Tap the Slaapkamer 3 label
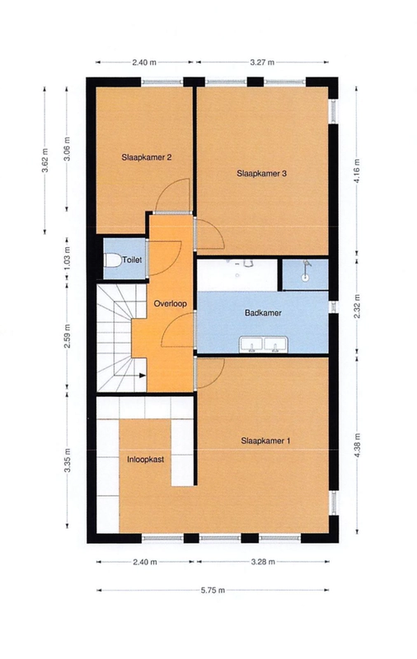coord(261,173)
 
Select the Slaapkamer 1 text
coord(265,441)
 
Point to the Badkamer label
coord(263,313)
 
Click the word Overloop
coord(171,303)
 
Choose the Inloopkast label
coord(145,460)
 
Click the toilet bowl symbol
coord(112,260)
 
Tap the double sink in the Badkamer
coord(263,344)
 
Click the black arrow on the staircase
coord(143,376)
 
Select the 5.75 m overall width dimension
coord(213,590)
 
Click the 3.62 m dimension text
coord(45,160)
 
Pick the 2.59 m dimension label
coord(67,334)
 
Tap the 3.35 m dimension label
coord(67,460)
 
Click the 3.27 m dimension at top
coord(262,63)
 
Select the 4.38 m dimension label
coord(357,446)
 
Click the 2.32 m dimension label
coord(357,306)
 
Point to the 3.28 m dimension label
coord(263,562)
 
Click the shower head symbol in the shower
coord(307,264)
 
